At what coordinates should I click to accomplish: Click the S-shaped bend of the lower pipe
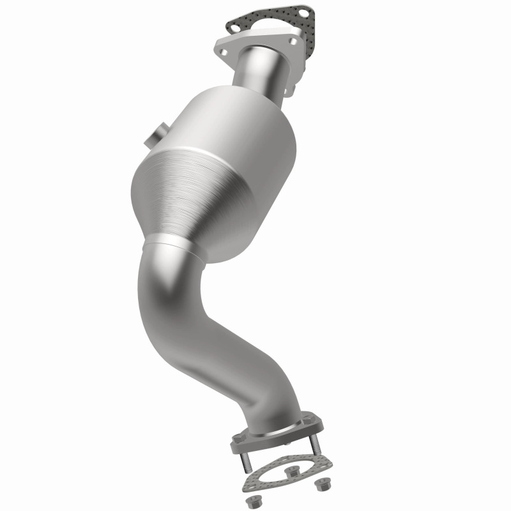point(192,319)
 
